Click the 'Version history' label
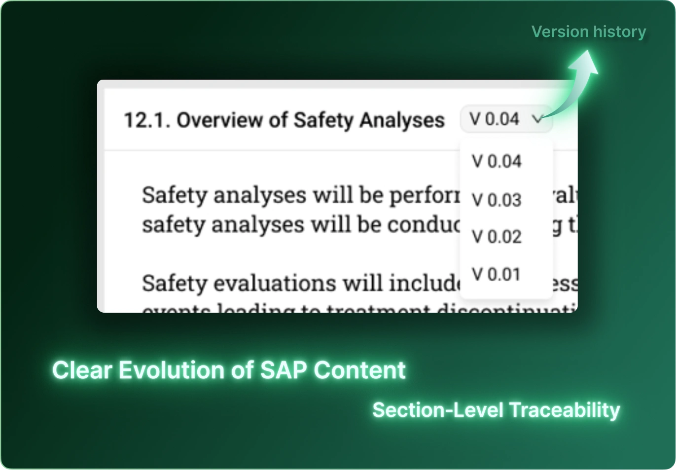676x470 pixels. (x=588, y=32)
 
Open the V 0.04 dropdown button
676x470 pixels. (x=505, y=119)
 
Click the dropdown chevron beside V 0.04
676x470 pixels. (x=537, y=119)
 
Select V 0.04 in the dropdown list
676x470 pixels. (x=496, y=162)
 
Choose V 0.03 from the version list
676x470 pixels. (x=496, y=200)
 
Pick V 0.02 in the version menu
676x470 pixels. (x=496, y=237)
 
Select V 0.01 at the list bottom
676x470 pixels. (x=496, y=274)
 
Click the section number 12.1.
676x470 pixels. (x=146, y=120)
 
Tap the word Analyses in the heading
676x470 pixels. (x=401, y=120)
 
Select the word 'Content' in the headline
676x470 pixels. (x=359, y=370)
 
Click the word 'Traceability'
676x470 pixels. (x=564, y=410)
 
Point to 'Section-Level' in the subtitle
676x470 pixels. (x=438, y=410)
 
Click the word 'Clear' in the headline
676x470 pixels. (x=82, y=370)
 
